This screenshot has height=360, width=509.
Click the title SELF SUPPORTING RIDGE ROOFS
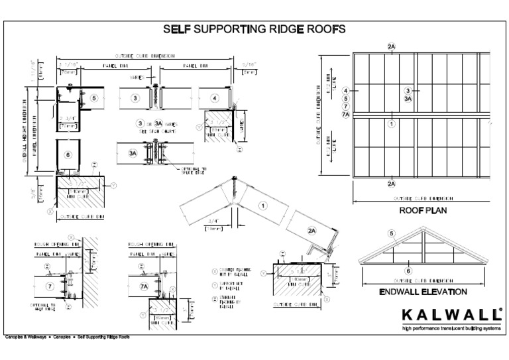pyautogui.click(x=254, y=29)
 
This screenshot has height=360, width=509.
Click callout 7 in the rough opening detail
pyautogui.click(x=50, y=286)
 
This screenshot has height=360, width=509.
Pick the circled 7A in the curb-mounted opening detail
pyautogui.click(x=144, y=286)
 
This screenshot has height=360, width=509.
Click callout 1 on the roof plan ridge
pyautogui.click(x=392, y=123)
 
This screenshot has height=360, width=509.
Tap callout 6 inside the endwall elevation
pyautogui.click(x=408, y=270)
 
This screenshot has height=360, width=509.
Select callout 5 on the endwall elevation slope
pyautogui.click(x=392, y=233)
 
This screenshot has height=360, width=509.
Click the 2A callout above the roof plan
pyautogui.click(x=392, y=46)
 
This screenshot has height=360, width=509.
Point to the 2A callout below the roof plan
pyautogui.click(x=392, y=184)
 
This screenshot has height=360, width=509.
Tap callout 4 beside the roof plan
pyautogui.click(x=345, y=90)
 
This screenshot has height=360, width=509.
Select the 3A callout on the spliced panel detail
pyautogui.click(x=133, y=153)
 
